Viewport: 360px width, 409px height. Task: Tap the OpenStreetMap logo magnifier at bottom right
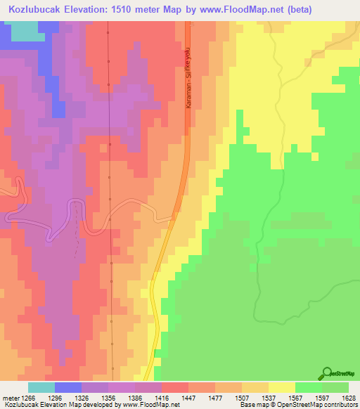tap(326, 374)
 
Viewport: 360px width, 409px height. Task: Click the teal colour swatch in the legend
tap(41, 387)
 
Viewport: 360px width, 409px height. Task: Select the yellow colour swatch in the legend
tap(281, 387)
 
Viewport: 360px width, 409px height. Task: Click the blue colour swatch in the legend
tap(68, 387)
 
